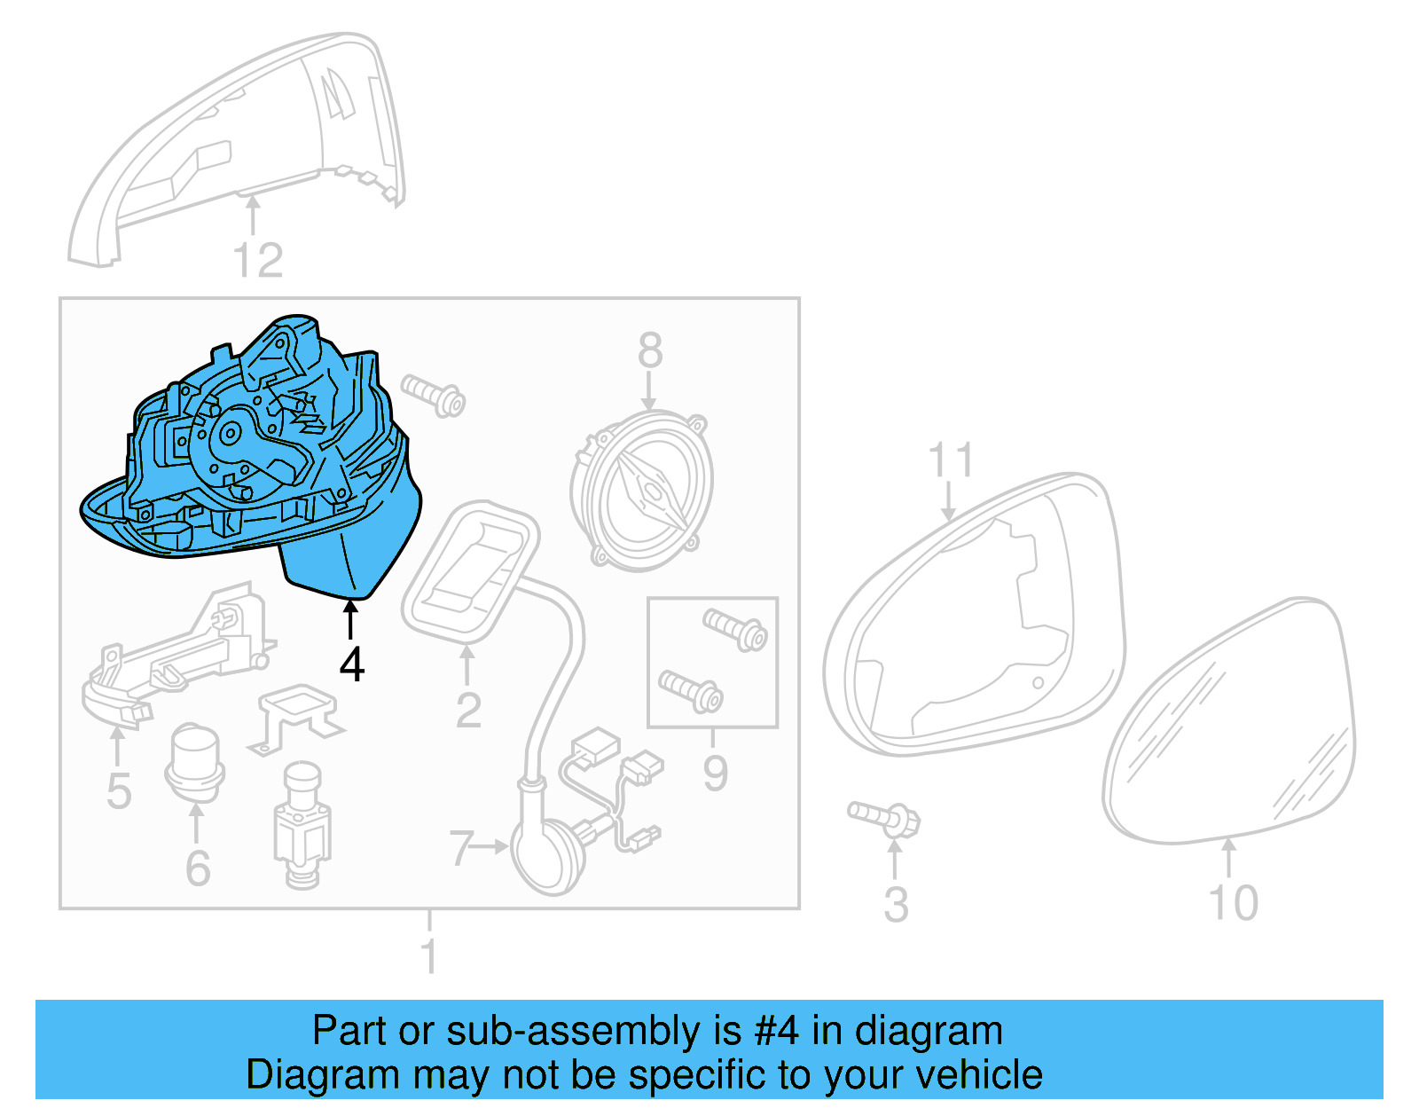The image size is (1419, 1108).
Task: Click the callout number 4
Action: tap(352, 664)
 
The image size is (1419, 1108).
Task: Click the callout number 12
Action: tap(257, 261)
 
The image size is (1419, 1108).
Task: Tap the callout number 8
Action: tap(650, 350)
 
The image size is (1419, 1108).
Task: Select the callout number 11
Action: tap(950, 461)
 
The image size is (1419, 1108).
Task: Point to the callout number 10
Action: tap(1233, 903)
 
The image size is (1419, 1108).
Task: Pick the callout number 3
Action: tap(896, 905)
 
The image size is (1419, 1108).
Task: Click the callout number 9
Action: tap(715, 773)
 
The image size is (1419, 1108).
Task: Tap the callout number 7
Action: tap(460, 848)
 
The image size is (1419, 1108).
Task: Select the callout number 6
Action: tap(198, 868)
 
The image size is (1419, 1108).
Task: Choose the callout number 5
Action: tap(119, 790)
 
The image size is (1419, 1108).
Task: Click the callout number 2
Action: tap(468, 710)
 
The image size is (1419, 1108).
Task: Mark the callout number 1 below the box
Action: tap(429, 956)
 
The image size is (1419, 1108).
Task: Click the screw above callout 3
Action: tap(884, 817)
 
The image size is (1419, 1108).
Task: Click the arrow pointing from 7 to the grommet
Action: tap(490, 847)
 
